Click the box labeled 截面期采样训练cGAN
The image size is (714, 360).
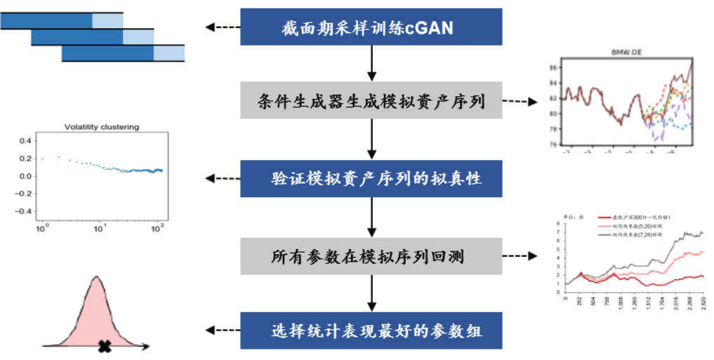[x=371, y=28]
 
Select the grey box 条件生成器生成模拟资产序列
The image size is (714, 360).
[x=371, y=102]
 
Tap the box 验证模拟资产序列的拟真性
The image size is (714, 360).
[x=371, y=178]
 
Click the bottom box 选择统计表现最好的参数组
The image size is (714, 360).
[x=371, y=331]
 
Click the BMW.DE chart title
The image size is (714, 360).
[x=628, y=53]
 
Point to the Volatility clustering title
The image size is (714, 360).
[x=101, y=127]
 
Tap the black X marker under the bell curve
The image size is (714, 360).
[x=105, y=345]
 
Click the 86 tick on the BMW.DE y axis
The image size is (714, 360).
[x=553, y=67]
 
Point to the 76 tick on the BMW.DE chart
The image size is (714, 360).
[x=553, y=145]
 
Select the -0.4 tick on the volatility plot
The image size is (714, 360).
[x=24, y=211]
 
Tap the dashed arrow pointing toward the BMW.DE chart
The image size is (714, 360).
[x=520, y=102]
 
